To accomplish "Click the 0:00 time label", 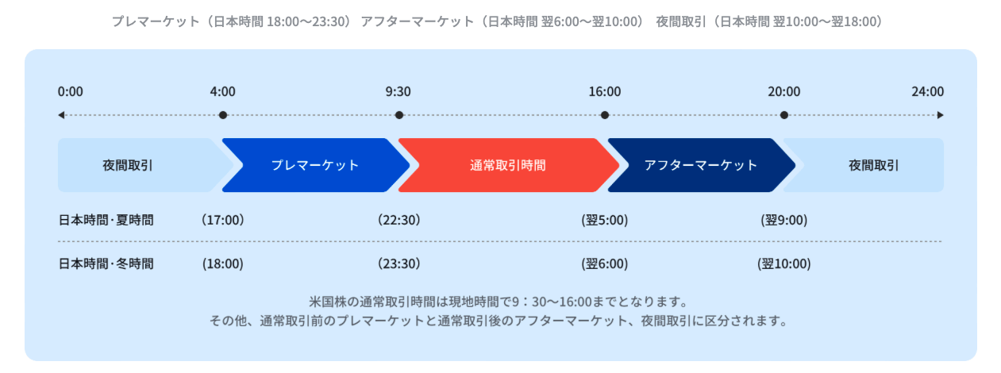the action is click(70, 91).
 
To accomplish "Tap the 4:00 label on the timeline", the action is click(222, 91).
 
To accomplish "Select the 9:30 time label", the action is click(398, 91).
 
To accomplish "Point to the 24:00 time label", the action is click(928, 91).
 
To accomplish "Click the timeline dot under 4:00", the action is click(223, 115).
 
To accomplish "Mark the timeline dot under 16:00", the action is click(605, 115).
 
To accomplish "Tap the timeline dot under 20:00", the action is click(783, 115).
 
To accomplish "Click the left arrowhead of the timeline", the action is click(61, 115).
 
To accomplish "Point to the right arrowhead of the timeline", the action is click(940, 115).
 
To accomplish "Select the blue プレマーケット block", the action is click(315, 165).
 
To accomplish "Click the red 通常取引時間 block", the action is click(508, 165).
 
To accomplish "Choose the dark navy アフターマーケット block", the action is click(701, 165).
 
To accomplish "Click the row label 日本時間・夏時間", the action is click(106, 220).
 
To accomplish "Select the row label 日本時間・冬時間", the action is click(106, 264).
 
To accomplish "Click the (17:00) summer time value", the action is click(222, 220).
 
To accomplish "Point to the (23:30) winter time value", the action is click(399, 264).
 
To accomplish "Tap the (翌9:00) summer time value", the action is click(783, 220).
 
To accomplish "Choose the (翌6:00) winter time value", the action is click(605, 264).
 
